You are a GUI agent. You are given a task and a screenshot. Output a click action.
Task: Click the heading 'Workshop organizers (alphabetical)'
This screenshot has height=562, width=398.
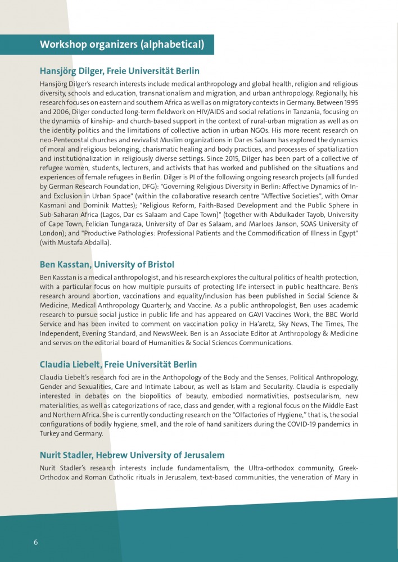point(122,44)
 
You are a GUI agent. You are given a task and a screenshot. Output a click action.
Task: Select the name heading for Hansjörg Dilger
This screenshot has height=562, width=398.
point(119,71)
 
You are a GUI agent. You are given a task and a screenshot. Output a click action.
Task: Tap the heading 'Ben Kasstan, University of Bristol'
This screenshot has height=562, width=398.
point(107,264)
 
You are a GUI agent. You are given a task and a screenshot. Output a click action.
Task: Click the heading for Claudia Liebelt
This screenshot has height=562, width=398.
point(118,364)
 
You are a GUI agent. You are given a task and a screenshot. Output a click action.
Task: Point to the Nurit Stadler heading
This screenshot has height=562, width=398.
point(132,455)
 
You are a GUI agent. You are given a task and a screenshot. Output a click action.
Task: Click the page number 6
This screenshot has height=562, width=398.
point(36,542)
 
